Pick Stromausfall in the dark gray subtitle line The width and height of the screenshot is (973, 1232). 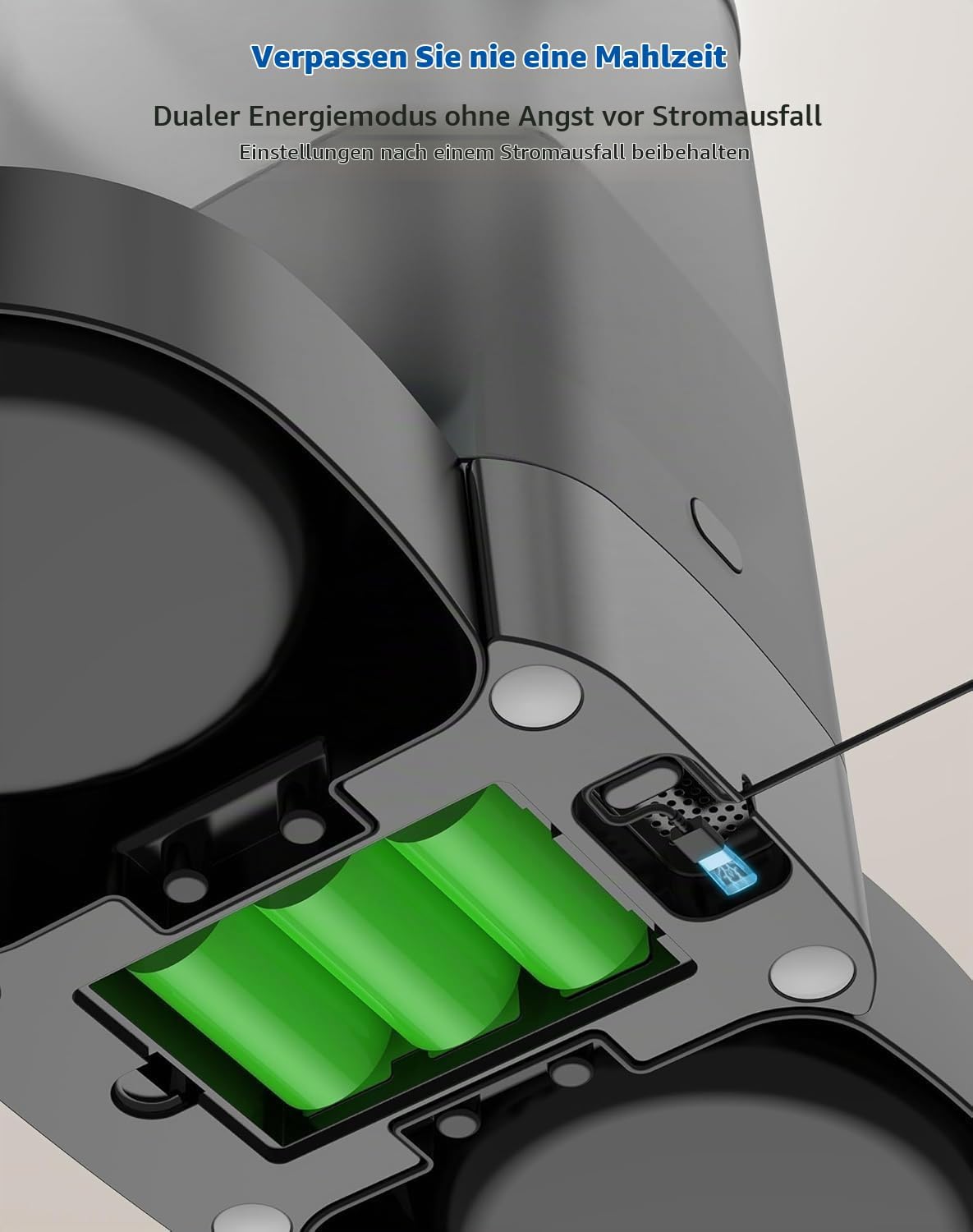(737, 116)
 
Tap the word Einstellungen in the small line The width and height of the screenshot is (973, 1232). (306, 154)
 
